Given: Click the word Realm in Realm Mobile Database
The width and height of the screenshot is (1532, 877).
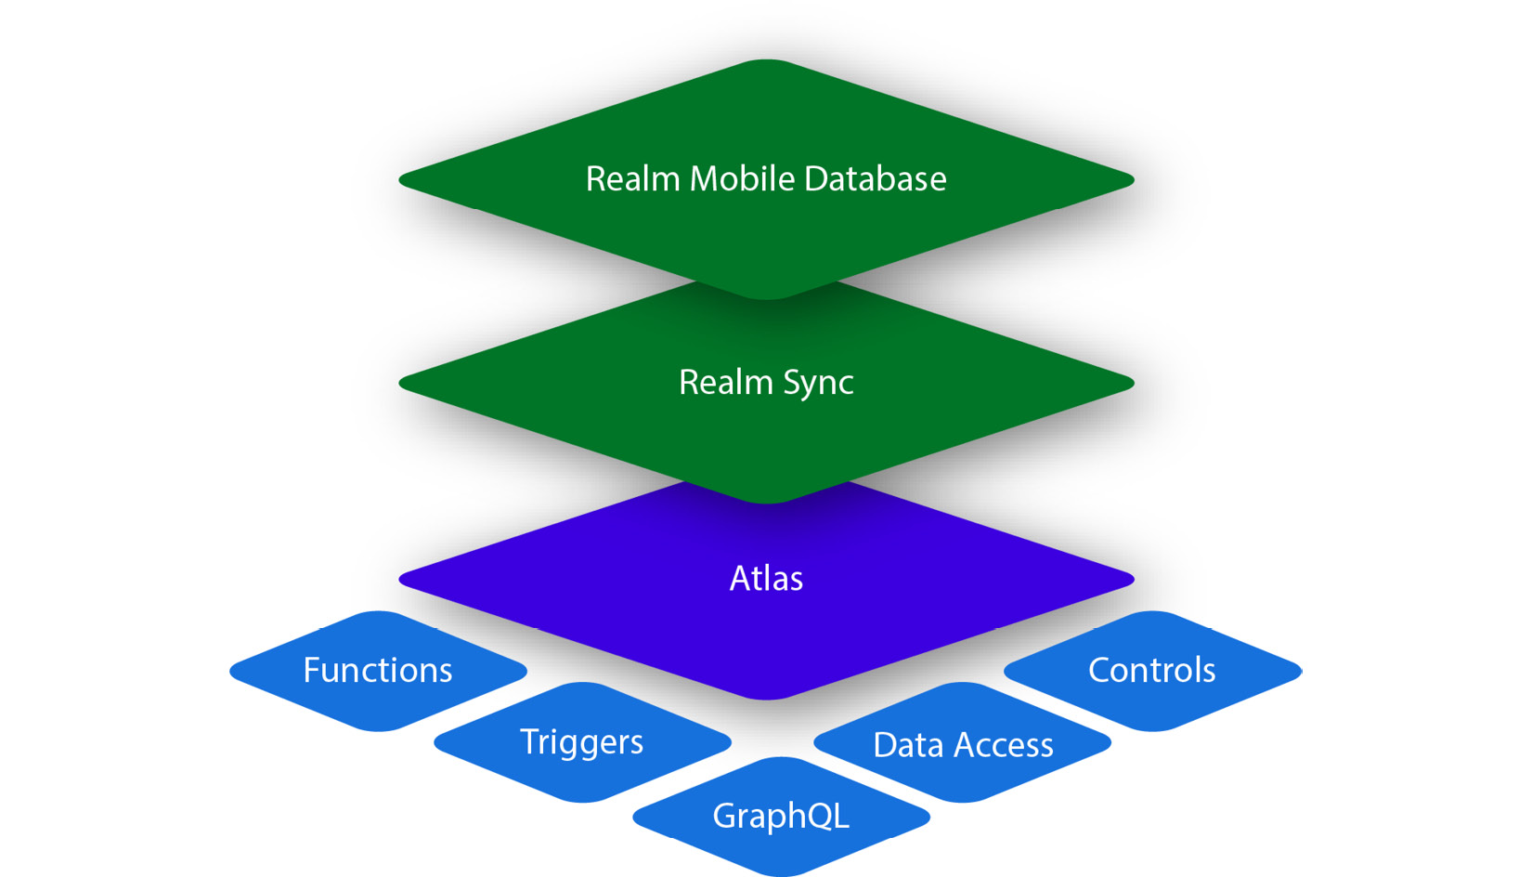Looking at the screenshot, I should [x=632, y=178].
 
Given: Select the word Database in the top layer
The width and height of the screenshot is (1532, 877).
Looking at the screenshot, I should [x=875, y=178].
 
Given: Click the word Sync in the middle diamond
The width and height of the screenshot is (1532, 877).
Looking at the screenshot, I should [x=818, y=383].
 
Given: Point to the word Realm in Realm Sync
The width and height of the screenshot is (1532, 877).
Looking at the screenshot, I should [x=725, y=382].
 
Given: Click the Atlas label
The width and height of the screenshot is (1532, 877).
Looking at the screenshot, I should [x=766, y=578].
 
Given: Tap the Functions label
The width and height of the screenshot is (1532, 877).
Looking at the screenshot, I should [x=378, y=670].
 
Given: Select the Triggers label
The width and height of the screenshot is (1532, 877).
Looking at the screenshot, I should [x=581, y=741].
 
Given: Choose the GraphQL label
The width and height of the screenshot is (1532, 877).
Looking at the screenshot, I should [x=781, y=816].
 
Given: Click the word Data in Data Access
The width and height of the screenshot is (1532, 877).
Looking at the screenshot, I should [x=908, y=745].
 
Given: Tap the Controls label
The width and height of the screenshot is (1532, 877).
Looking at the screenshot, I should [x=1151, y=670].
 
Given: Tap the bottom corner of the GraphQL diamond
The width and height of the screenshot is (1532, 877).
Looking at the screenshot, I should [x=781, y=872].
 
